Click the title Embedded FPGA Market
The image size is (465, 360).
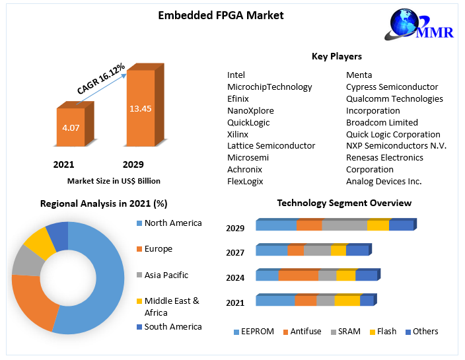coord(221,15)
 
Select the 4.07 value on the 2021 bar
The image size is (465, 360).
coord(71,127)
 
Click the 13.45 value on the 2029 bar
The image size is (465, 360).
coord(140,108)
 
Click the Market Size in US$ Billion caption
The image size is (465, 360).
coord(114,180)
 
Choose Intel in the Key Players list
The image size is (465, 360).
coord(236,75)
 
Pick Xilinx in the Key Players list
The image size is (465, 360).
coord(238,134)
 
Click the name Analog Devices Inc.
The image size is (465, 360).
coord(384,181)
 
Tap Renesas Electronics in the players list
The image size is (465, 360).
coord(384,157)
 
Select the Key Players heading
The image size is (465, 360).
coord(336,56)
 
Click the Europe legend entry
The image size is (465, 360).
coord(158,249)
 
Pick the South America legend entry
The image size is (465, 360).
coord(172,326)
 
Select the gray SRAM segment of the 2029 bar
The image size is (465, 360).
coord(344,226)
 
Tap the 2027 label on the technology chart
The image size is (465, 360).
coord(234,252)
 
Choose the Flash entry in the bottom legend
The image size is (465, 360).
coord(386,332)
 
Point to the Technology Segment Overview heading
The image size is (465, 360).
coord(344,203)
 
